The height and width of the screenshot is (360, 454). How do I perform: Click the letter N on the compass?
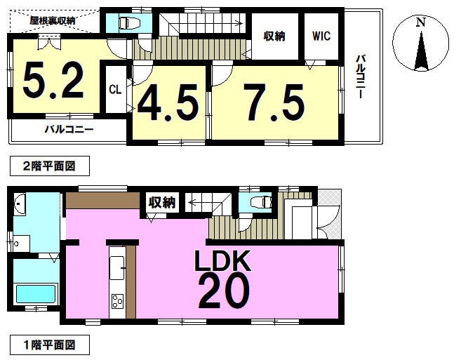pos(421,22)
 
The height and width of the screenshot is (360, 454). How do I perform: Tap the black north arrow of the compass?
pos(421,51)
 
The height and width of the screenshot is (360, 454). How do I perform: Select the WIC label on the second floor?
pos(321,36)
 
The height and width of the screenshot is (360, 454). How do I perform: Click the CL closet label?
pos(115,90)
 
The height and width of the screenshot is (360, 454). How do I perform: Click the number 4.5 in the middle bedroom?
pos(168,102)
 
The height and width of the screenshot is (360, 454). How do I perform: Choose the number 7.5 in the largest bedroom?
pos(274,102)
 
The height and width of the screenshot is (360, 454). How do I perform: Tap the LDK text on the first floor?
pos(222,261)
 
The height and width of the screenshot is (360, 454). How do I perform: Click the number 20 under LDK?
pos(224,291)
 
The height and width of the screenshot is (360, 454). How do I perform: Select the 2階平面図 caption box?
pos(50,166)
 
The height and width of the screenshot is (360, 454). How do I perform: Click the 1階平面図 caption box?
pos(50,345)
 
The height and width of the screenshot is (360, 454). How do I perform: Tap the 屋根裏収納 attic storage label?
pos(53,21)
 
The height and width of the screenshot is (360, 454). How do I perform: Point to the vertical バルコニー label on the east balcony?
pos(360,76)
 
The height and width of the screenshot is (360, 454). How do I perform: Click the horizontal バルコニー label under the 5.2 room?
pos(69,129)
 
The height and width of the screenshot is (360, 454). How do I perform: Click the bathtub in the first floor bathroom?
pos(36,294)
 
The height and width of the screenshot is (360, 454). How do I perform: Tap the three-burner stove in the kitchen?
pos(118,301)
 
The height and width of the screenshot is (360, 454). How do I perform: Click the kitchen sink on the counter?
pos(117,268)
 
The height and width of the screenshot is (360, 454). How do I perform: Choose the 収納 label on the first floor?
pos(162,202)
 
